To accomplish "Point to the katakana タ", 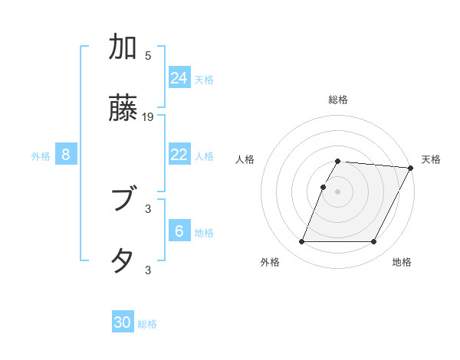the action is coord(123,260).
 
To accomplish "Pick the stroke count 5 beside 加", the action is coord(148,56).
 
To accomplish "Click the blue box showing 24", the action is coord(179,77).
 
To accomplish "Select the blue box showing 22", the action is coord(179,155).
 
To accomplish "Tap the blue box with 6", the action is coord(179,231).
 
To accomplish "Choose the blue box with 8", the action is coord(66,155).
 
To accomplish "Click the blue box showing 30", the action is coord(123,322).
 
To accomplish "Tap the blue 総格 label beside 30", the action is coord(147,324).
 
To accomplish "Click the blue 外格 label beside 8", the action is coord(41,156).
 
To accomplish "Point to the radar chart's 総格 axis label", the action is coord(338,100).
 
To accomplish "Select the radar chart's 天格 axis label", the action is coord(431,159).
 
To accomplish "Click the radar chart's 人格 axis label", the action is coord(245,159).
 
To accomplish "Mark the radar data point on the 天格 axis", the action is coord(411,168).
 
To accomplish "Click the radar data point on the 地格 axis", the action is coord(374,242).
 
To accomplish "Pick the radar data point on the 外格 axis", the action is coord(301,242).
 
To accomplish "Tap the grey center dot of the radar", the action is coord(338,191).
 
